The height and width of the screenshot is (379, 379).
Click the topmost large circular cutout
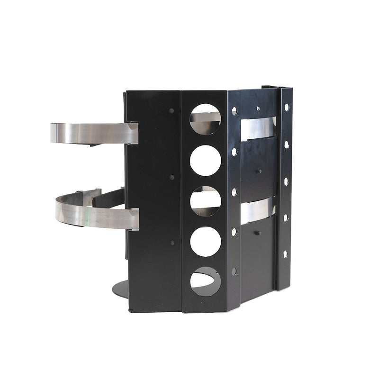pyautogui.click(x=205, y=119)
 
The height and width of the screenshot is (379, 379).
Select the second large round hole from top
pyautogui.click(x=205, y=161)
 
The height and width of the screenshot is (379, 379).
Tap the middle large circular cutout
pyautogui.click(x=205, y=201)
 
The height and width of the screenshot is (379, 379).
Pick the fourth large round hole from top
pyautogui.click(x=205, y=242)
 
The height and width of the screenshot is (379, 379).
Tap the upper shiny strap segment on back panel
pyautogui.click(x=257, y=128)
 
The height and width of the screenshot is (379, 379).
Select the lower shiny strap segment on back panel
pyautogui.click(x=257, y=210)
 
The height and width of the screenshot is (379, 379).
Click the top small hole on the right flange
pyautogui.click(x=287, y=108)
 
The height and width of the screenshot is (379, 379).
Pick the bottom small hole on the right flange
pyautogui.click(x=285, y=254)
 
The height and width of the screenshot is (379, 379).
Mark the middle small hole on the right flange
pyautogui.click(x=286, y=181)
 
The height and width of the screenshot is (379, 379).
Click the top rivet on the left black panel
pyautogui.click(x=171, y=111)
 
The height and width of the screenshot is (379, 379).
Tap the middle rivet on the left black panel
pyautogui.click(x=171, y=177)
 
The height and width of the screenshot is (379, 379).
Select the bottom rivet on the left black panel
pyautogui.click(x=172, y=243)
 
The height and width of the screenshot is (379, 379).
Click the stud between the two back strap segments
pyautogui.click(x=258, y=171)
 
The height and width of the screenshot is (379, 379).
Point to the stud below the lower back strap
pyautogui.click(x=256, y=233)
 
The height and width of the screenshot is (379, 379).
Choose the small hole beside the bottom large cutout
pyautogui.click(x=234, y=271)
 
